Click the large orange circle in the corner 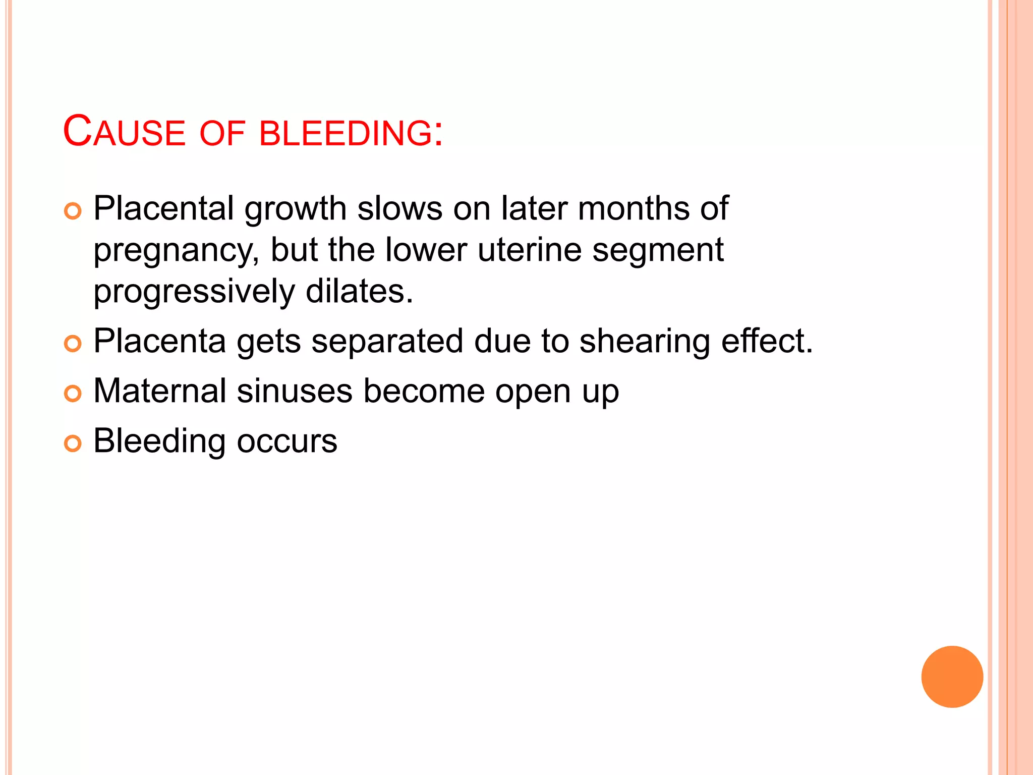click(x=952, y=677)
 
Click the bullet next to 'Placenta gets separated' click(x=73, y=344)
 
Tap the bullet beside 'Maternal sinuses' click(x=73, y=394)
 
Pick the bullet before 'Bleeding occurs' click(x=73, y=444)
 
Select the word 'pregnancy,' click(x=176, y=251)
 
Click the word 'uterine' click(x=529, y=250)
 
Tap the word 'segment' click(x=658, y=251)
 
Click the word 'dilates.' click(x=359, y=292)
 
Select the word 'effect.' click(x=767, y=341)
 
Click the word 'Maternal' click(x=160, y=391)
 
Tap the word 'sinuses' click(x=295, y=391)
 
